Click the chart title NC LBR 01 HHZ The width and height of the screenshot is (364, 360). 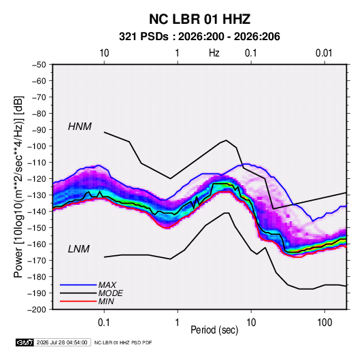(x=199, y=19)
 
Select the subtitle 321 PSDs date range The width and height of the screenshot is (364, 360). (x=199, y=37)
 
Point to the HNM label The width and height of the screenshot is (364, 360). (x=80, y=127)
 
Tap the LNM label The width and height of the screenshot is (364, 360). (x=78, y=249)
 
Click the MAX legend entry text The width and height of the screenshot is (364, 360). (x=107, y=285)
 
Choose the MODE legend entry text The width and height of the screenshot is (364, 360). (x=110, y=293)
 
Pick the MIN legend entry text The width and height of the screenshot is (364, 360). (x=106, y=301)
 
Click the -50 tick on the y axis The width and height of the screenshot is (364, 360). (x=39, y=65)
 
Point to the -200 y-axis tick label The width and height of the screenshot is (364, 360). (x=37, y=310)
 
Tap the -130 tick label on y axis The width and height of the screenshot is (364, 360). (x=37, y=195)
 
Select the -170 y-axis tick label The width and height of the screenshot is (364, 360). (x=37, y=261)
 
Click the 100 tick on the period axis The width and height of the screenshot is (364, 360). (x=325, y=323)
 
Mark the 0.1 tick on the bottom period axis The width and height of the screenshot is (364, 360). (x=104, y=323)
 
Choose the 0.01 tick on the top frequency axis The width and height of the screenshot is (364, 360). (x=324, y=53)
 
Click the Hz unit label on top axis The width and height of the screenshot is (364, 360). (x=214, y=53)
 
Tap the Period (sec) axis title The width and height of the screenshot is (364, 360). (x=214, y=330)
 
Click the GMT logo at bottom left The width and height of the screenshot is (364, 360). (x=25, y=342)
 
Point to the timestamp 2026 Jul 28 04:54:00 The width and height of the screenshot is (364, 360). (x=62, y=342)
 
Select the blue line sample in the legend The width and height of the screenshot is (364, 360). (x=78, y=285)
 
